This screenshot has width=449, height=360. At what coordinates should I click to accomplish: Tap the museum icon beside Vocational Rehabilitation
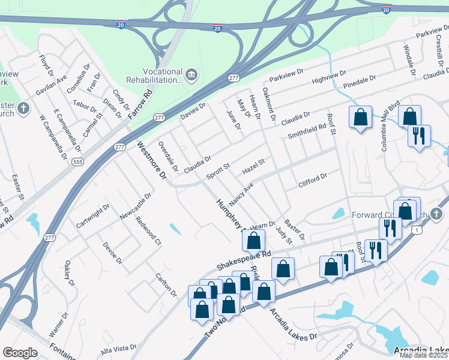coord(191,74)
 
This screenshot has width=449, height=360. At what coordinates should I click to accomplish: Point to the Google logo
coord(20,353)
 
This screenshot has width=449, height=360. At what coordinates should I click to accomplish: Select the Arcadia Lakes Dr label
coord(292,325)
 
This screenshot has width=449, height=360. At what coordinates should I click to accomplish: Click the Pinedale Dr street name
coord(360,82)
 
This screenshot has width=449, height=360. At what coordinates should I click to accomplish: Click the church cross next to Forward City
coord(437,214)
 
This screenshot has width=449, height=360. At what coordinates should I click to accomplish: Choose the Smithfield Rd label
coord(307,131)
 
